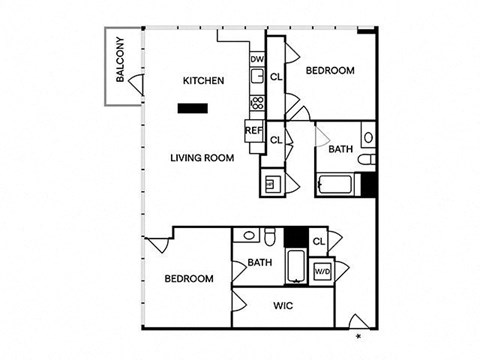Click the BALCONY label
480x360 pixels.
(x=120, y=59)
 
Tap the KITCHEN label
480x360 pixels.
(x=203, y=81)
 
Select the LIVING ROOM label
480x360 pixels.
(x=202, y=158)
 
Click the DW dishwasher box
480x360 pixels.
(x=257, y=59)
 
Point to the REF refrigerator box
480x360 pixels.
(x=254, y=131)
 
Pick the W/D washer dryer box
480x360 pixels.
(x=323, y=270)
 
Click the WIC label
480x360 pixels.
(x=283, y=306)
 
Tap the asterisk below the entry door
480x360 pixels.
(x=359, y=336)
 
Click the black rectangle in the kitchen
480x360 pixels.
(x=193, y=108)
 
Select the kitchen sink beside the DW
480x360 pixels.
(x=257, y=76)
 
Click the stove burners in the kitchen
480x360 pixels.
(x=257, y=103)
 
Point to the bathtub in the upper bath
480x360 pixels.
(x=336, y=184)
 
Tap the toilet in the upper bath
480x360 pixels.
(x=367, y=159)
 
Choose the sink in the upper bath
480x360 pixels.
(x=368, y=137)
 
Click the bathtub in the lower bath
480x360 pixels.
(x=296, y=266)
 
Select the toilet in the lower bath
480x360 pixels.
(x=269, y=236)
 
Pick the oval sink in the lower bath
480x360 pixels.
(x=249, y=236)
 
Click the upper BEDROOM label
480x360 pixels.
(x=330, y=71)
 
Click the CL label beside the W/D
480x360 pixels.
(x=319, y=241)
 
